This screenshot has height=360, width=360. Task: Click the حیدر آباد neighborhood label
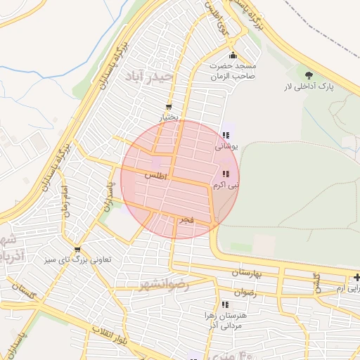(x=149, y=75)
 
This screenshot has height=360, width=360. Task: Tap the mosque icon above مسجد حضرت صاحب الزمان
(x=233, y=56)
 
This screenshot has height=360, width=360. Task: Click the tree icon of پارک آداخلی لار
(x=309, y=74)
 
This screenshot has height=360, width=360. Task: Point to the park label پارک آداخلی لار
(x=307, y=87)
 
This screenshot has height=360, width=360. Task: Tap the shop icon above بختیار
(x=167, y=107)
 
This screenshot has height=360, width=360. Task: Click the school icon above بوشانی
(x=225, y=136)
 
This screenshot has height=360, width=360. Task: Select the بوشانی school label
(x=226, y=147)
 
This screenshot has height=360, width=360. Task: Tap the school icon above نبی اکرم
(x=225, y=174)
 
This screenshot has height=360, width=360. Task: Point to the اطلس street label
(x=155, y=176)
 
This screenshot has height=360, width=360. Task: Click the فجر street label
(x=186, y=221)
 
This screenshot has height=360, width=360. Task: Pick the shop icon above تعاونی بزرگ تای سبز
(x=77, y=250)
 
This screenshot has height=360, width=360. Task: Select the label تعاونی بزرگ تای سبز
(x=79, y=260)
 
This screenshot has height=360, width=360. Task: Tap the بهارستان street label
(x=245, y=272)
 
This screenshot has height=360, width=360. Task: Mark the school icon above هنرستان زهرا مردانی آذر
(x=224, y=304)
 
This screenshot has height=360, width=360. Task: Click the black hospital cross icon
(x=357, y=278)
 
